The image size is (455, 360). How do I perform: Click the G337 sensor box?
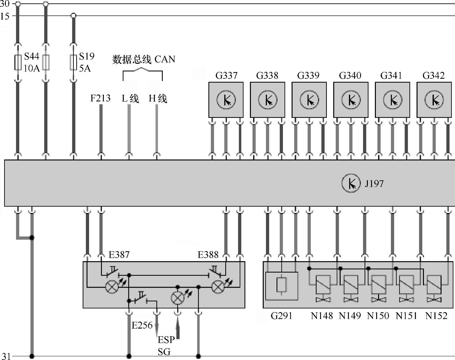(x=226, y=100)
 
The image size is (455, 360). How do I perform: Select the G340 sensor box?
(x=351, y=100)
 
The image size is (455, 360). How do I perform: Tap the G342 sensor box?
(x=434, y=100)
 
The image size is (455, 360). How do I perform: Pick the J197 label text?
(x=374, y=184)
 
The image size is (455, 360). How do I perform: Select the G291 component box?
(x=281, y=286)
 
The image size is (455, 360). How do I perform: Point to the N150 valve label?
(x=378, y=316)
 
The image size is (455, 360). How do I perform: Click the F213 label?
(x=100, y=98)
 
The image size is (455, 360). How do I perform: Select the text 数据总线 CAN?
(x=144, y=60)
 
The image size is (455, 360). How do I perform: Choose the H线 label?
(x=158, y=98)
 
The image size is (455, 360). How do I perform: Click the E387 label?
(x=119, y=255)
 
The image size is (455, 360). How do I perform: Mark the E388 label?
(x=208, y=255)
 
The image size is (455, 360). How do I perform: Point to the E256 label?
(x=142, y=325)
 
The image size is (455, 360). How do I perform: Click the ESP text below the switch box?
(x=166, y=340)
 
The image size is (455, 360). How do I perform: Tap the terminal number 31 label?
(x=6, y=356)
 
